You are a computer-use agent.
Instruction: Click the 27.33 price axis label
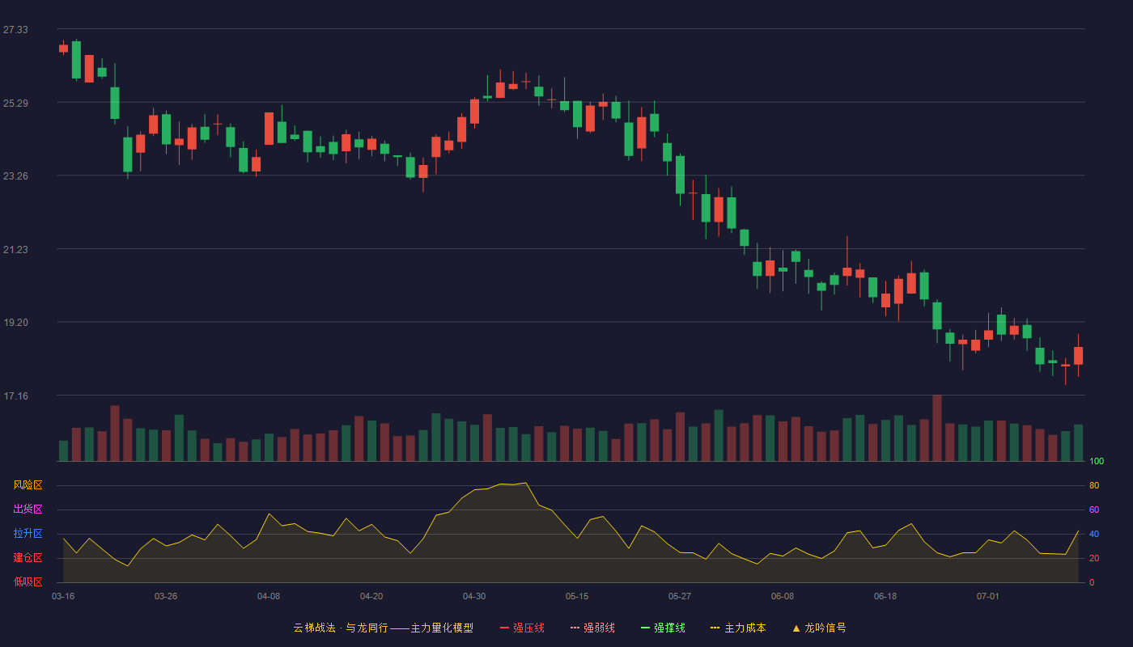pos(15,30)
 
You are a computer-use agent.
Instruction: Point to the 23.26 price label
pos(15,176)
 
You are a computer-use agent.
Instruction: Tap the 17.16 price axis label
pos(15,395)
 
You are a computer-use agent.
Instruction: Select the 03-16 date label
pos(63,597)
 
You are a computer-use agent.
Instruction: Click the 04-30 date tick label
pos(474,597)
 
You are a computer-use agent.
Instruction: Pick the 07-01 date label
pos(988,597)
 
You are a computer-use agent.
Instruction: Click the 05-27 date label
pos(679,597)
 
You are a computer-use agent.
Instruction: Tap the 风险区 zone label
pos(28,485)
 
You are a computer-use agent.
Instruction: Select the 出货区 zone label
pos(28,509)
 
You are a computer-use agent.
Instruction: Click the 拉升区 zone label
pos(28,533)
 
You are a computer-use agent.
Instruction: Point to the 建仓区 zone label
pos(28,557)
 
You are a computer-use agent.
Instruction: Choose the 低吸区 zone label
pos(28,581)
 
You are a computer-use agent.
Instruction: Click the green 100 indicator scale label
pos(1097,461)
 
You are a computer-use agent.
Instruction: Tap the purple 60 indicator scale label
pos(1094,510)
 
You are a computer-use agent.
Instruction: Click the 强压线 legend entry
pos(522,628)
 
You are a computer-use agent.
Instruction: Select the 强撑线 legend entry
pos(663,628)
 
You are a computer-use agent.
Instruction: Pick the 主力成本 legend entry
pos(738,628)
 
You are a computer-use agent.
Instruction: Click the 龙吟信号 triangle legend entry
pos(819,628)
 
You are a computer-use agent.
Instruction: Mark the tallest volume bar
pos(937,428)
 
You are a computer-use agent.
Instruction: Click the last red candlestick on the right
pos(1078,355)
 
